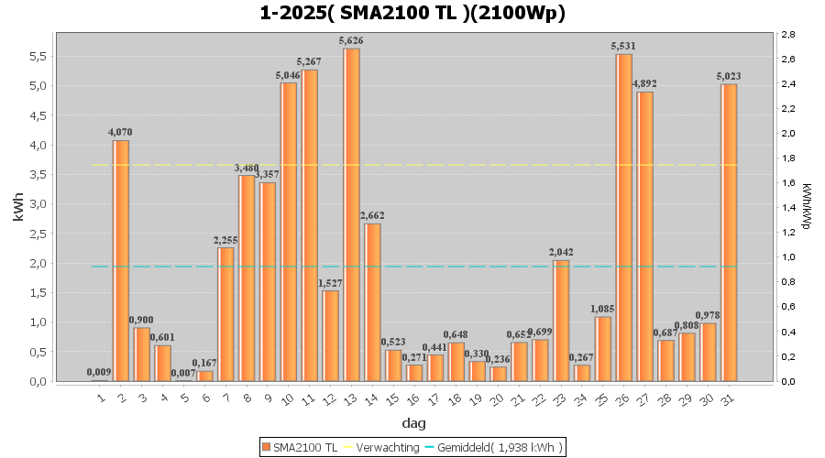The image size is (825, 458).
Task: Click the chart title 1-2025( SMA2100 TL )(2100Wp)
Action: click(412, 13)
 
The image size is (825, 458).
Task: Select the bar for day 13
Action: click(351, 214)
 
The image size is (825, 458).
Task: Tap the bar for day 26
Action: click(624, 217)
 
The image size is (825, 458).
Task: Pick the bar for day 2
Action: click(121, 260)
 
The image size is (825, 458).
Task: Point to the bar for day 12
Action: click(330, 335)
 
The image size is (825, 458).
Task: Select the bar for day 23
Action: click(561, 321)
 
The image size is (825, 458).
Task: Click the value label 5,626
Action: click(351, 40)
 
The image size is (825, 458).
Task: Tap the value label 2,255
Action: click(225, 240)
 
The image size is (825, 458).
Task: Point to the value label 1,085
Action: click(603, 309)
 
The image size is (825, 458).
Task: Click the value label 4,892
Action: click(645, 84)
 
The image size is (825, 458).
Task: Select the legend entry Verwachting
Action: click(386, 447)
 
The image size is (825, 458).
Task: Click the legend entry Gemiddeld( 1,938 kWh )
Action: click(500, 447)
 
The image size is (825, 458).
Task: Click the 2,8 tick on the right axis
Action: click(789, 35)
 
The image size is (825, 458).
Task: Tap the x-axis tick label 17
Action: click(434, 398)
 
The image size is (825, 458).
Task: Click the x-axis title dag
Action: click(412, 423)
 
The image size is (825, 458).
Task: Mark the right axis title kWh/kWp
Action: click(806, 207)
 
